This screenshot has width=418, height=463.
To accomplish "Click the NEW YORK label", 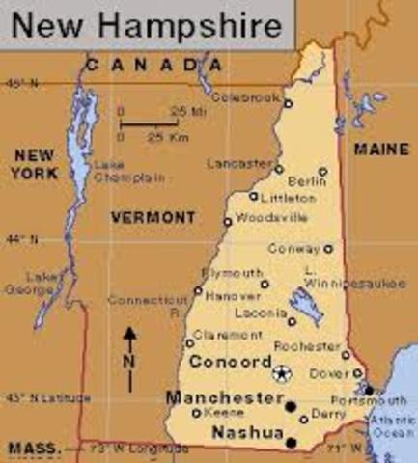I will (35, 164).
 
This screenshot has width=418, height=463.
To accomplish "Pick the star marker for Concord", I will (281, 373).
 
